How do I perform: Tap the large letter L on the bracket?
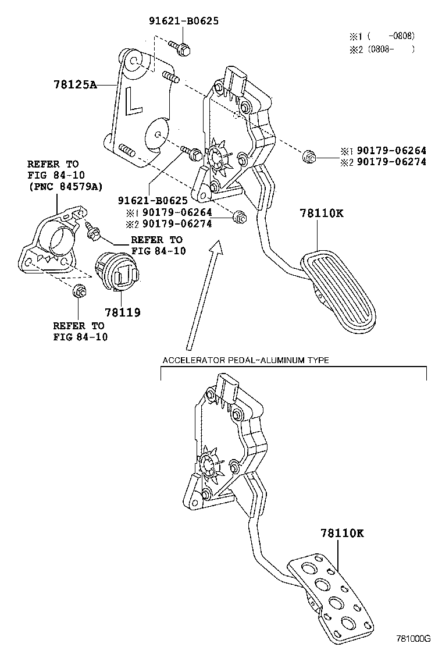(134, 101)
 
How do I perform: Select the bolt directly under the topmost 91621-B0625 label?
(180, 48)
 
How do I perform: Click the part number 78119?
(122, 312)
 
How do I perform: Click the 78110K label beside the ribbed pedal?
(322, 213)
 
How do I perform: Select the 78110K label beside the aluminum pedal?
(341, 532)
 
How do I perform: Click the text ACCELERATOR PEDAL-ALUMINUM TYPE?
(245, 360)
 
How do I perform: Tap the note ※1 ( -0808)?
(382, 35)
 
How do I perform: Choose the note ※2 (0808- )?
(382, 49)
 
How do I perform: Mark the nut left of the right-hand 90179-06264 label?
(309, 156)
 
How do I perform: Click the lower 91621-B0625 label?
(153, 201)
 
